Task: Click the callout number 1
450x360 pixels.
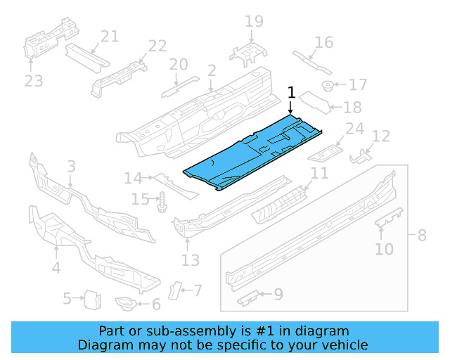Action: (x=292, y=92)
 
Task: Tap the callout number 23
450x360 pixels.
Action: (x=33, y=82)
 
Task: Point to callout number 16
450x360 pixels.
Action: (x=323, y=42)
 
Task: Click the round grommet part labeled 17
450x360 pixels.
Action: (x=328, y=86)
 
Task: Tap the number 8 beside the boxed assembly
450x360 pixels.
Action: (x=422, y=235)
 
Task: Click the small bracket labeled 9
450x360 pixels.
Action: (x=248, y=299)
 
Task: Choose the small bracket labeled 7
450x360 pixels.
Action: (x=175, y=290)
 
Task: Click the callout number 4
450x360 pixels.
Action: (x=56, y=267)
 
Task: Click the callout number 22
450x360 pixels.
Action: (x=157, y=46)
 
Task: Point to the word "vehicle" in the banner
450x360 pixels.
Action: (x=345, y=345)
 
